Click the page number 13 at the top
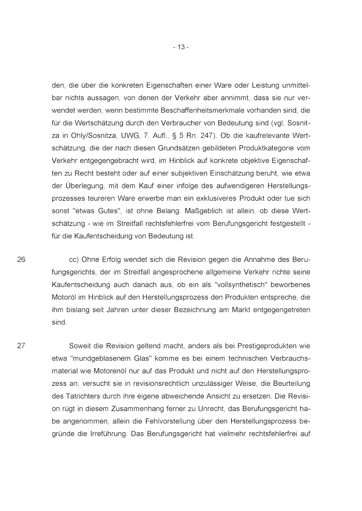tap(181, 47)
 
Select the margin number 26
tap(21, 260)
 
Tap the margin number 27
tap(21, 346)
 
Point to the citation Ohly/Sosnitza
tap(87, 136)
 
